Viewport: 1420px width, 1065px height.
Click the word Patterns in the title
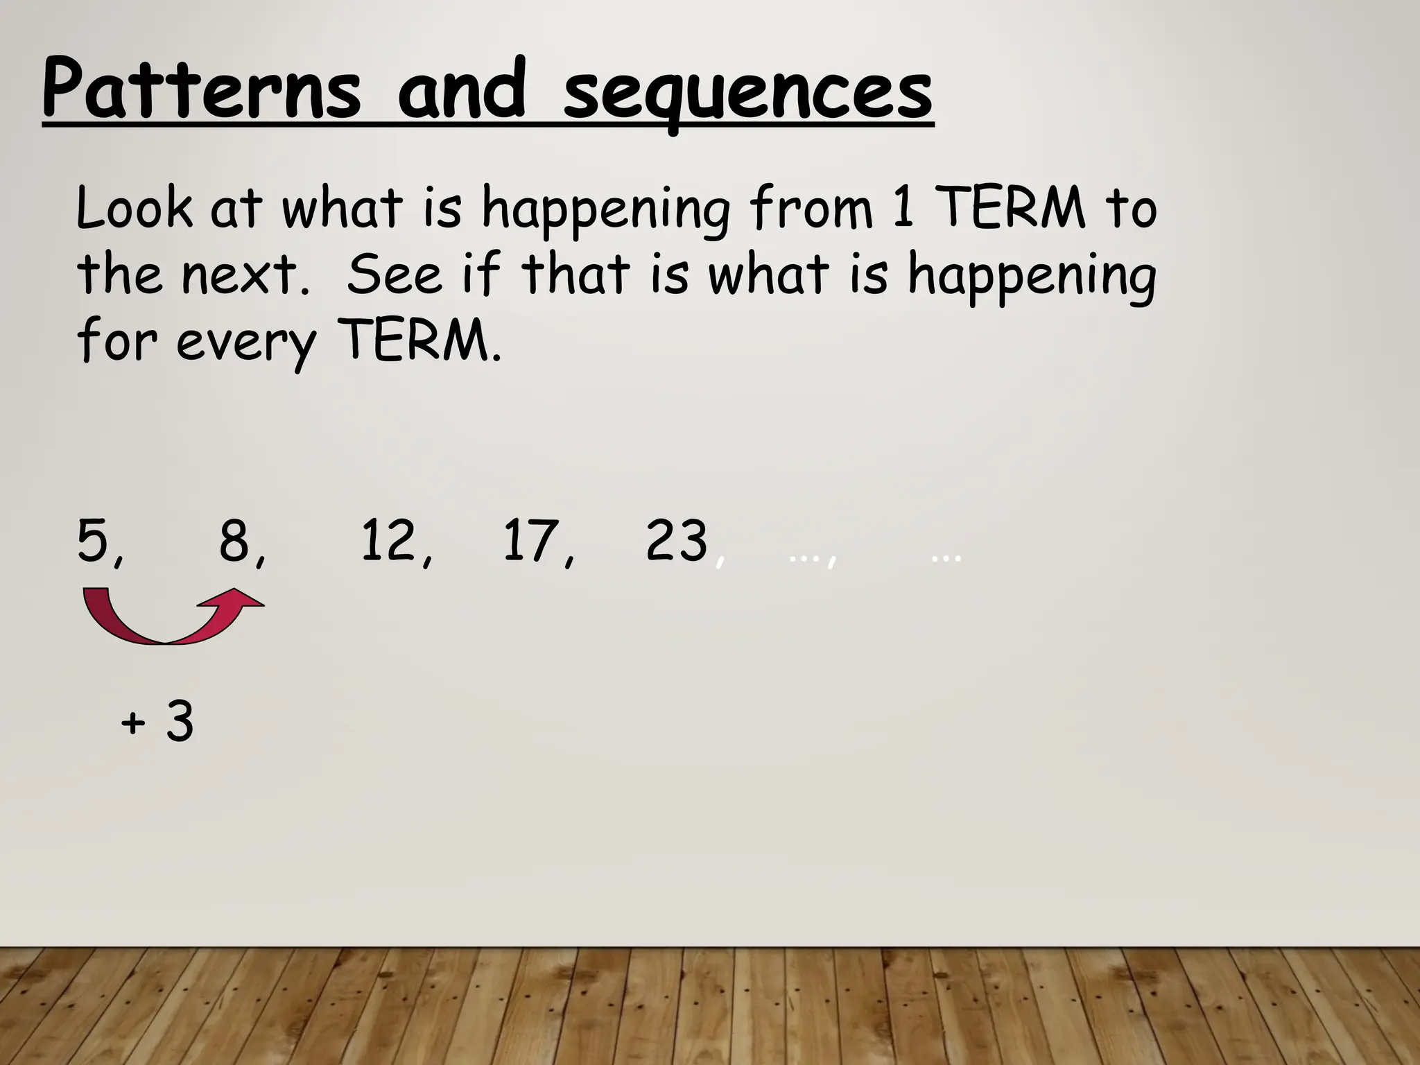201,91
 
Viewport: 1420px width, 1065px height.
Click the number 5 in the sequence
94,540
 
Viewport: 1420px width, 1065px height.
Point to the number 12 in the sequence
388,540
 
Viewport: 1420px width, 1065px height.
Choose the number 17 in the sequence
530,540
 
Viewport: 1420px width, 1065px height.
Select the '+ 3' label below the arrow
157,722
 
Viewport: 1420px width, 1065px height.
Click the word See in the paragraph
394,274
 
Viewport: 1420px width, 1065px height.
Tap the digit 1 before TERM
903,207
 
